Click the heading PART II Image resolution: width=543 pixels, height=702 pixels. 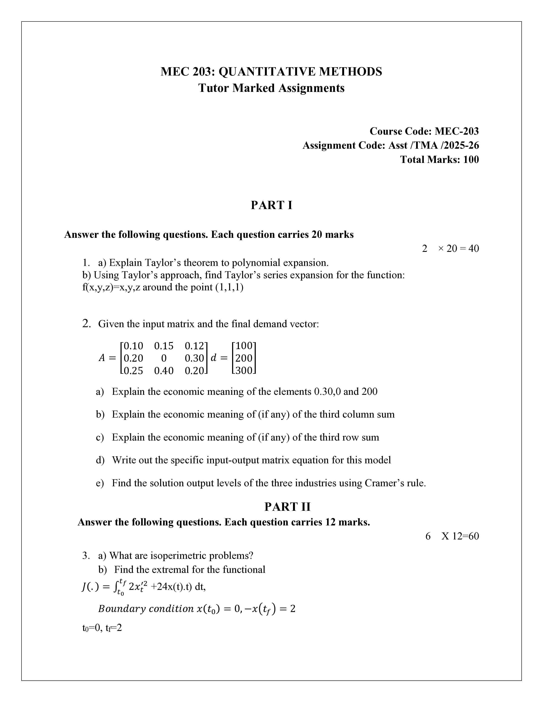287,507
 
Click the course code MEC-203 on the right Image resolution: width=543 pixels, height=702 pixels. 457,131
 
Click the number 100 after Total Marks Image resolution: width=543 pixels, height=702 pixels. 471,159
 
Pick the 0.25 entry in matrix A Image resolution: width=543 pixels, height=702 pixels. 133,371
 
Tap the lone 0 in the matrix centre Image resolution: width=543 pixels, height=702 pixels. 164,358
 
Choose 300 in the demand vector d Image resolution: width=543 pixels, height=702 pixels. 244,371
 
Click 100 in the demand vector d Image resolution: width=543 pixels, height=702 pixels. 244,346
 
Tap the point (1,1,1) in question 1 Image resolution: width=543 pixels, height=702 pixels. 229,287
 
